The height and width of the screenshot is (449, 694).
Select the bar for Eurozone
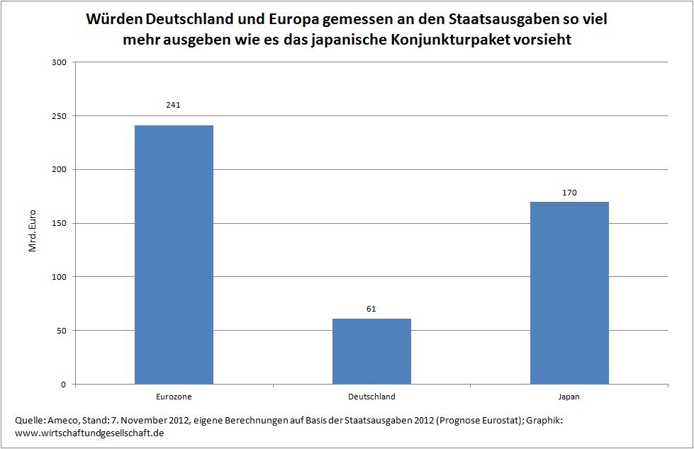174,255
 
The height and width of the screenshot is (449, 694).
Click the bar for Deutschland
371,351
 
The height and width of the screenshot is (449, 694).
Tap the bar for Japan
569,293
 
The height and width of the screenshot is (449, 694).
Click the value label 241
174,106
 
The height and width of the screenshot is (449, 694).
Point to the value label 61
371,309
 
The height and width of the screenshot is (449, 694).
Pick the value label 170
569,192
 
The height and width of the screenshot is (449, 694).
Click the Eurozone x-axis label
174,397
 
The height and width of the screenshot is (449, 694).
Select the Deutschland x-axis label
371,397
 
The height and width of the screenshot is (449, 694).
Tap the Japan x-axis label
569,397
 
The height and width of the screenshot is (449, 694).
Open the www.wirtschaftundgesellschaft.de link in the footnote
89,432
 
